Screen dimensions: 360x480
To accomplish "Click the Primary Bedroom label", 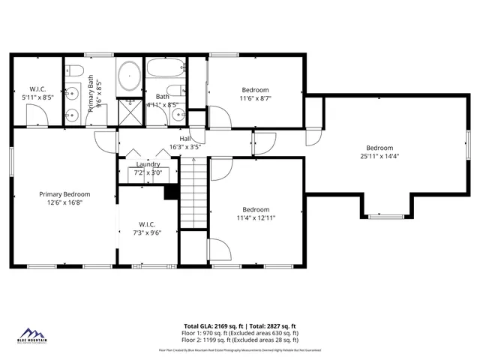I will click(64, 193).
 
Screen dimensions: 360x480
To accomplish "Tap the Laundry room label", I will click(148, 165).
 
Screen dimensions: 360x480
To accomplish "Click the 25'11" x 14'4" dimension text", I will click(379, 157).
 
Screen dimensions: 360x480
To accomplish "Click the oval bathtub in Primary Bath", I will click(128, 78).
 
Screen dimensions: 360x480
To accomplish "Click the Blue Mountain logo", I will click(32, 334).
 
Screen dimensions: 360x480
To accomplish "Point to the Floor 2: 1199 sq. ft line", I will click(240, 340).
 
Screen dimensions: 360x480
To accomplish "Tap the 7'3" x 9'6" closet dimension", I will click(147, 232).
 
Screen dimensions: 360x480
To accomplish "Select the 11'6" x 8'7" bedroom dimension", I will click(256, 97).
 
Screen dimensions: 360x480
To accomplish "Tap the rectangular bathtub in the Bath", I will click(165, 69).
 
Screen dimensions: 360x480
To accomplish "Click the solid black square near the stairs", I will click(171, 192).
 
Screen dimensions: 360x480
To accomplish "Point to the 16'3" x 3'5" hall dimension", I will click(185, 146).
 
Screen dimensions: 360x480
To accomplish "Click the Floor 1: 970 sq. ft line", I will click(240, 333).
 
